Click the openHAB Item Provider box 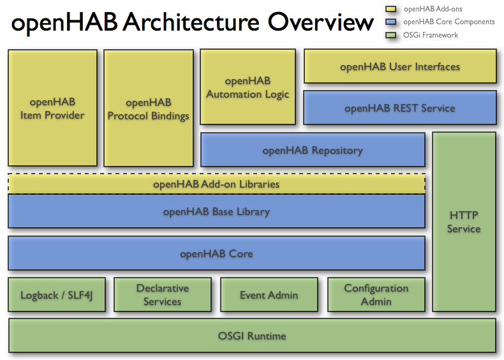(52, 109)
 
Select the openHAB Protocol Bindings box (148, 109)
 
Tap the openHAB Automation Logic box (248, 87)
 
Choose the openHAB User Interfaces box (399, 66)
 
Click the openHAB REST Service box (399, 108)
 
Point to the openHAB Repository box (313, 150)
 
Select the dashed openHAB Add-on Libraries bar (216, 184)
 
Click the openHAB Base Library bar (216, 211)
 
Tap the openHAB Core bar (216, 253)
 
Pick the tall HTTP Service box (464, 221)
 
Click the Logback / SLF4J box (57, 296)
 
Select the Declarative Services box (162, 296)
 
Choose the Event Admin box (269, 296)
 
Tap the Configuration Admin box (376, 296)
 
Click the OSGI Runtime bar (252, 336)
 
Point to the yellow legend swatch (391, 9)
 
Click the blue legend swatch (391, 22)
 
